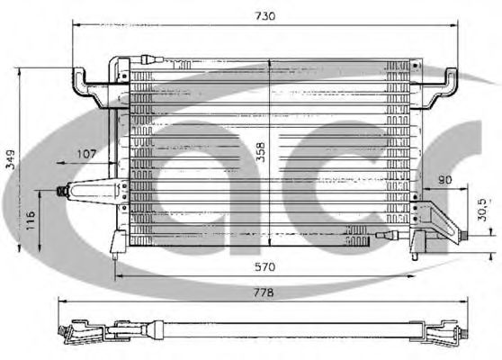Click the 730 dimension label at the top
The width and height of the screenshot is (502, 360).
[x=263, y=15]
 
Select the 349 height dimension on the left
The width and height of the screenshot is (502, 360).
[x=10, y=160]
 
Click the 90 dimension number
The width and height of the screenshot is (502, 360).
[x=444, y=181]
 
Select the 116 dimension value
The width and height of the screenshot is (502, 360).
[x=30, y=220]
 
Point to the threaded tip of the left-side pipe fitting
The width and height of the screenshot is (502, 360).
[x=62, y=191]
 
